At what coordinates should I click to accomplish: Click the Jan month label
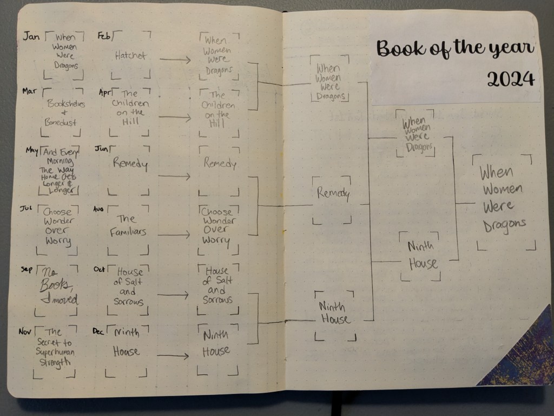click(30, 36)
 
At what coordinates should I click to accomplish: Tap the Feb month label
click(104, 36)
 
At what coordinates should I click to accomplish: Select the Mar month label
click(30, 90)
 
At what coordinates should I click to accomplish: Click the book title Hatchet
click(130, 55)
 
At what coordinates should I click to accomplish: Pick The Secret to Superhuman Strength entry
click(54, 347)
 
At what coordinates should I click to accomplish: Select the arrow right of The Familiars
click(174, 235)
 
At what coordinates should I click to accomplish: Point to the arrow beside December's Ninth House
click(173, 356)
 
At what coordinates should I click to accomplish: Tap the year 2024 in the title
click(510, 79)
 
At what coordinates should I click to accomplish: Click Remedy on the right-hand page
click(333, 193)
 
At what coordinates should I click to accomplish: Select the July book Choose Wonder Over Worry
click(57, 226)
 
